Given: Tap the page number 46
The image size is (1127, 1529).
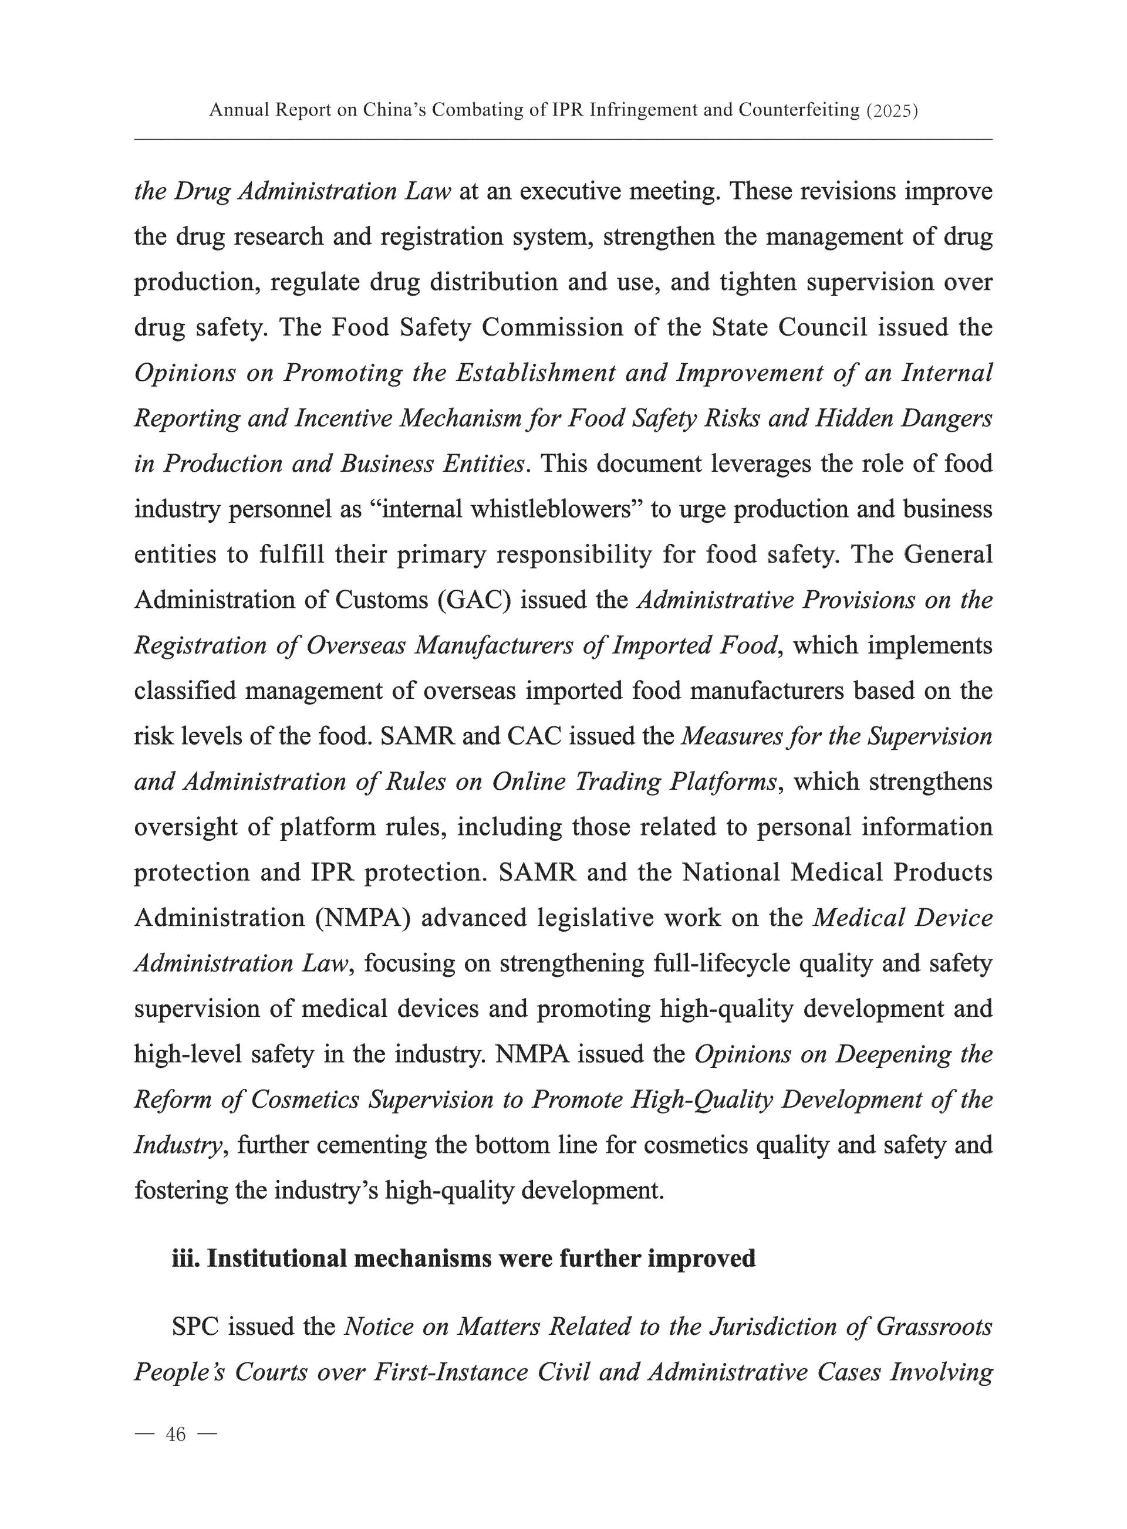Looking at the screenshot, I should tap(176, 1436).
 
